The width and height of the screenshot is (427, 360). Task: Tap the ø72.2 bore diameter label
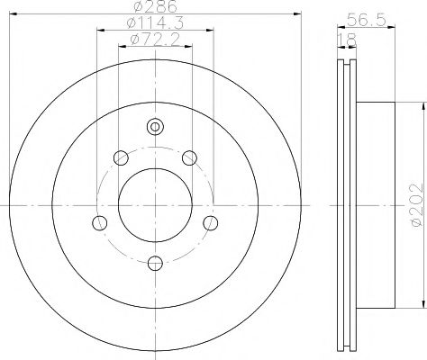pyautogui.click(x=154, y=40)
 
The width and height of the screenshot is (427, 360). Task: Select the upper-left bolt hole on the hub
pyautogui.click(x=121, y=159)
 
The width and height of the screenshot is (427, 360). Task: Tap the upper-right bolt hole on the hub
pyautogui.click(x=188, y=159)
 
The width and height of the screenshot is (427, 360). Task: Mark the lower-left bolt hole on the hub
pyautogui.click(x=100, y=222)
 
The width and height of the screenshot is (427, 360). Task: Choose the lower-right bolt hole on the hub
pyautogui.click(x=210, y=222)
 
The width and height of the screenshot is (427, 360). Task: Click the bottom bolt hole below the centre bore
pyautogui.click(x=154, y=262)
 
